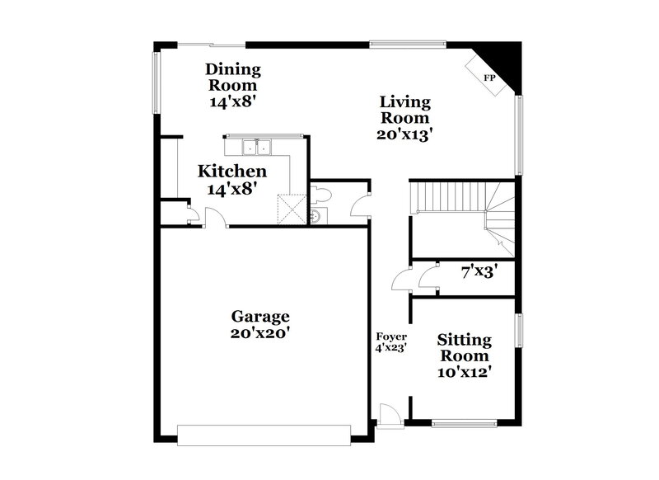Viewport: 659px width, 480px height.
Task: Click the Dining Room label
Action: click(x=233, y=78)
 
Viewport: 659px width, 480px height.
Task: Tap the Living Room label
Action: click(x=405, y=110)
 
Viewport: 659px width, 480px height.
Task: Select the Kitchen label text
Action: click(x=232, y=172)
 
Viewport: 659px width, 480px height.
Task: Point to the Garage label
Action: click(x=259, y=316)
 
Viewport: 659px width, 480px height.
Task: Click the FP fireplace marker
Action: click(x=488, y=78)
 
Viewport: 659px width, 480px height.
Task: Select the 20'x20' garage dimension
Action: click(x=259, y=334)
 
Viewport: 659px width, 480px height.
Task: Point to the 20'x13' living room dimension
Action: click(x=405, y=133)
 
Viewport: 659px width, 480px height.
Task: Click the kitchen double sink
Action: click(x=257, y=148)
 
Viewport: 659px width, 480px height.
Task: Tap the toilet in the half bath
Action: click(x=324, y=195)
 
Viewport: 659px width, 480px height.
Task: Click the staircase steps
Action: click(x=445, y=199)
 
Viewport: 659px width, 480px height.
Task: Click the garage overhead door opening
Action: click(x=263, y=434)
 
